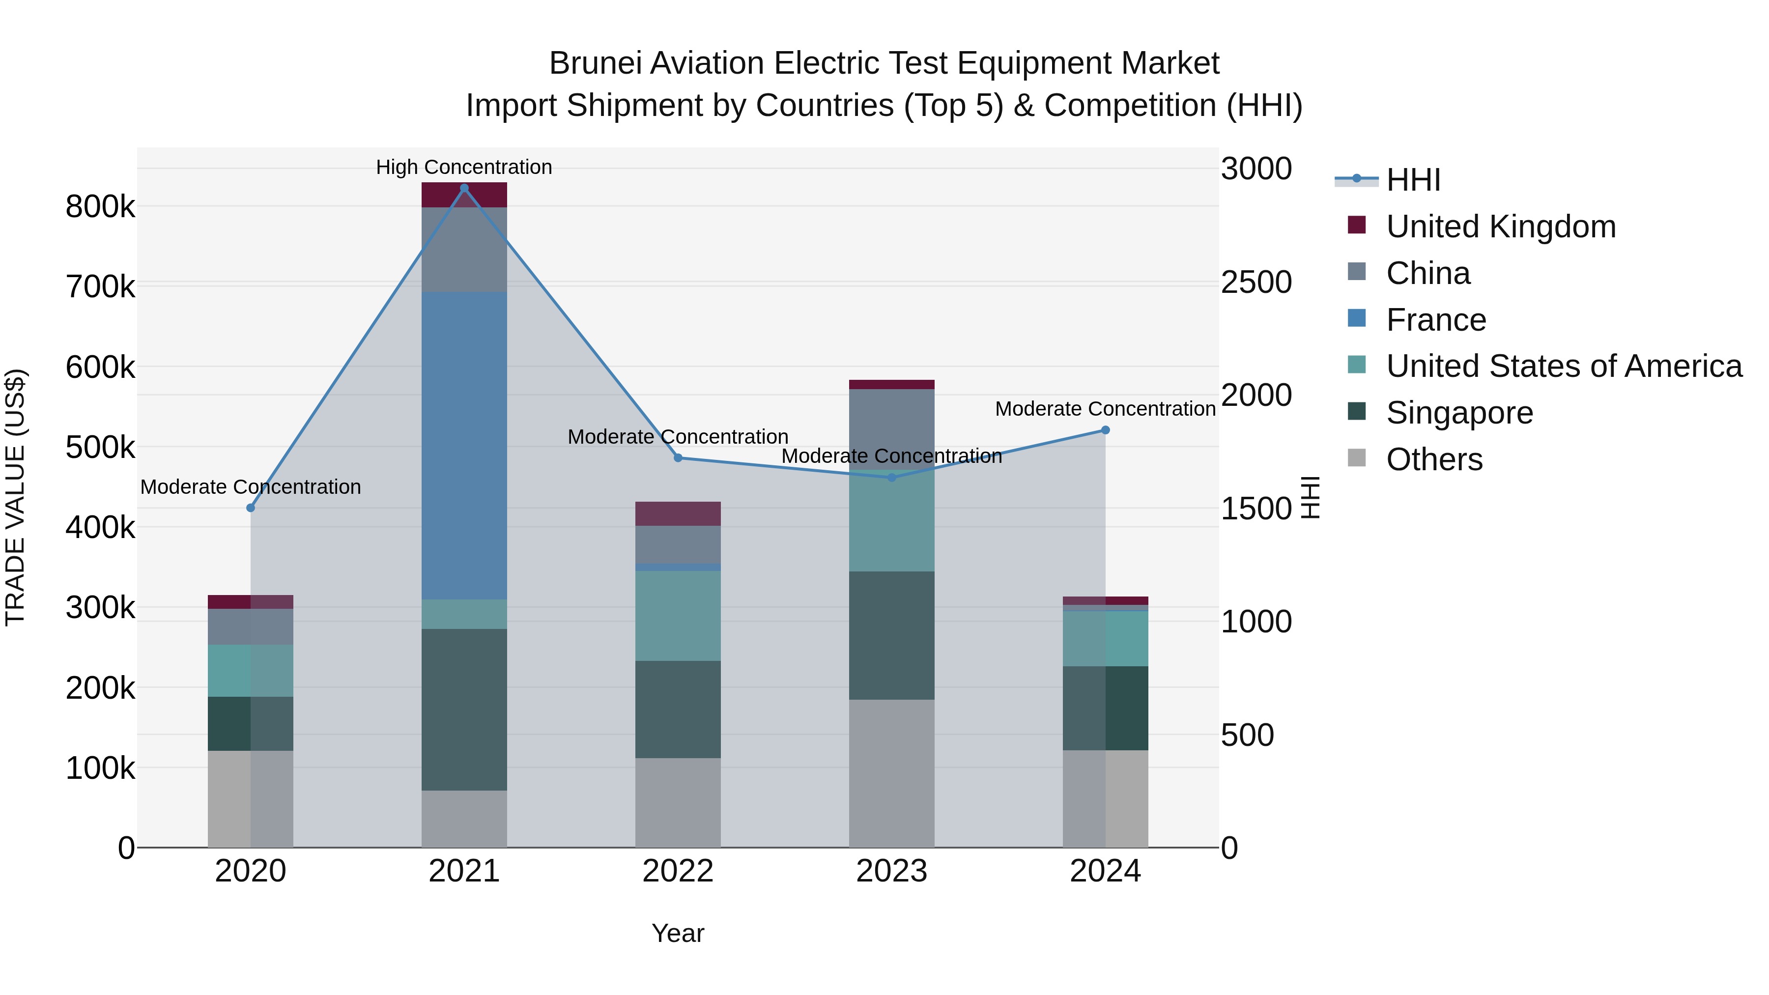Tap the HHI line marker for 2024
pyautogui.click(x=1105, y=430)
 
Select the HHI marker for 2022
pyautogui.click(x=678, y=458)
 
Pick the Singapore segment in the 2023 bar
pyautogui.click(x=891, y=635)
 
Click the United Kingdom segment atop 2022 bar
pyautogui.click(x=678, y=513)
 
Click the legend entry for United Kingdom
pyautogui.click(x=1501, y=227)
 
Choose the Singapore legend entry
pyautogui.click(x=1459, y=413)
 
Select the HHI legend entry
pyautogui.click(x=1413, y=180)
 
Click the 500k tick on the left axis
pyautogui.click(x=100, y=448)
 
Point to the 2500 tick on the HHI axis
pyautogui.click(x=1256, y=282)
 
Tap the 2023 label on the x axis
pyautogui.click(x=891, y=871)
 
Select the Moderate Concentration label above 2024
pyautogui.click(x=1105, y=409)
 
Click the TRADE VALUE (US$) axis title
pyautogui.click(x=15, y=497)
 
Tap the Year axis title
pyautogui.click(x=678, y=933)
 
